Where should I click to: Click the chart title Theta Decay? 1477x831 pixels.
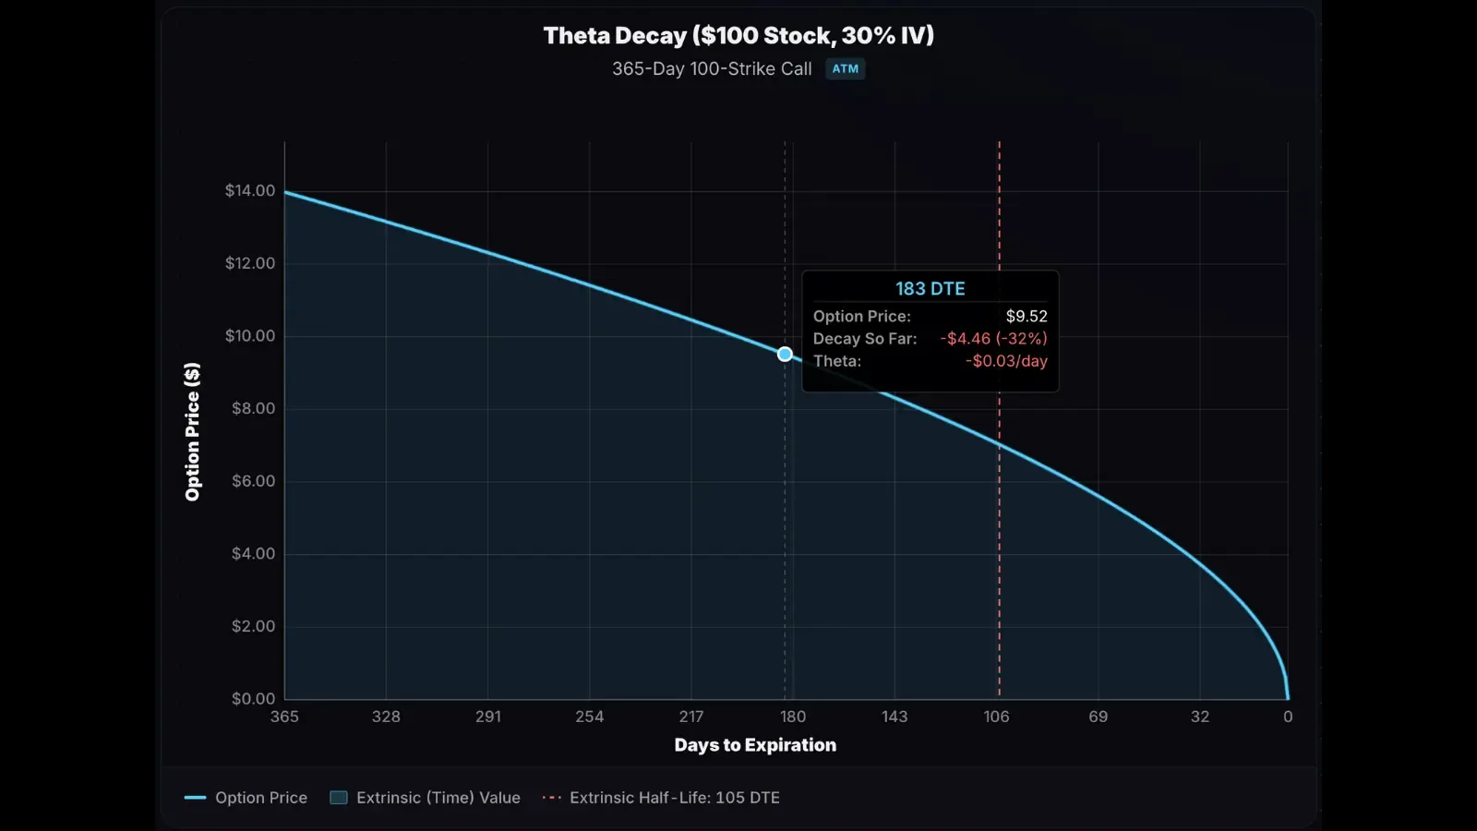738,36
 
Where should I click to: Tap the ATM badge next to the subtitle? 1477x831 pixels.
845,69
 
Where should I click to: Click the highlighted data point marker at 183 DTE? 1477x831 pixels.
785,354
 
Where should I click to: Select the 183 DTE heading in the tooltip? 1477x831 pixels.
930,289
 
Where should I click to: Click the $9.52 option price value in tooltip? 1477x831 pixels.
1026,317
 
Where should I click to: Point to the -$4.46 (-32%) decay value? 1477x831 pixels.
993,339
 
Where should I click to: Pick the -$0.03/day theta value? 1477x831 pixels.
1006,361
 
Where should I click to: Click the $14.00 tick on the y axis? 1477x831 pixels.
250,190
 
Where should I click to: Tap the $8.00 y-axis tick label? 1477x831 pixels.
253,408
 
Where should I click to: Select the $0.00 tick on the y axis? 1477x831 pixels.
253,699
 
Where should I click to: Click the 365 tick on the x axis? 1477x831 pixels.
284,717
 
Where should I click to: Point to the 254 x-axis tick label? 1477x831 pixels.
589,717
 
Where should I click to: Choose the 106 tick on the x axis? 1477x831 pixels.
996,717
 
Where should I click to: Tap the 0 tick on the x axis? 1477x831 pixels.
1288,717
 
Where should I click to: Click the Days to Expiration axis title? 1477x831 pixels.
755,745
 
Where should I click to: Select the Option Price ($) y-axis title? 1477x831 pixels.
192,432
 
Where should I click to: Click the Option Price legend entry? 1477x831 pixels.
246,798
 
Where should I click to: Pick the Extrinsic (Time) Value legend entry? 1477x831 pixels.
426,798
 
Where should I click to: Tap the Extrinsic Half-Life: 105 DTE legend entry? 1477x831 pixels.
662,798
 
